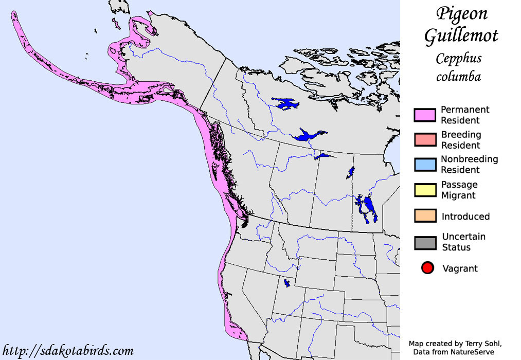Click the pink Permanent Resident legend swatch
pos(425,115)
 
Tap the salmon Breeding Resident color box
pos(425,140)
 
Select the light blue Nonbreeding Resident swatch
pos(425,165)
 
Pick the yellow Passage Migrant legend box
pos(425,190)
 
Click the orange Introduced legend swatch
pos(425,216)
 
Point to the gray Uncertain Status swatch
pos(425,242)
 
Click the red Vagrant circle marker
pos(427,268)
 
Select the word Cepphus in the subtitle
pos(458,58)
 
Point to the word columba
pos(458,77)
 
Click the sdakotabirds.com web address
pos(68,351)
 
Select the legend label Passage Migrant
pos(459,190)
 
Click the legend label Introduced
pos(465,217)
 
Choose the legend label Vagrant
pos(460,268)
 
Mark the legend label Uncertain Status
pos(463,242)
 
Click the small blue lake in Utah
pos(286,283)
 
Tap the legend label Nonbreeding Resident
pos(469,165)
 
